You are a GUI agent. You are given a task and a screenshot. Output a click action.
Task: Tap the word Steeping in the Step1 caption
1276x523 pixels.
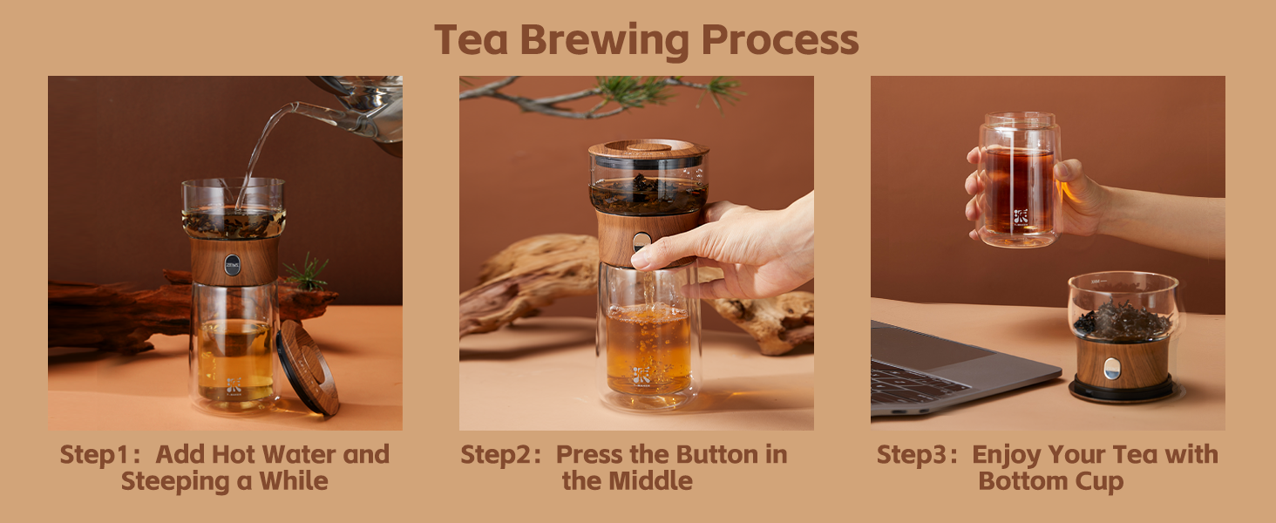point(173,481)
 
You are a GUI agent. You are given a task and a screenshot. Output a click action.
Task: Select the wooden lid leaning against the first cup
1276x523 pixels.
point(308,366)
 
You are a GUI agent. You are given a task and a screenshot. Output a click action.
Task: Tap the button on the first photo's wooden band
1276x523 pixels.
point(232,265)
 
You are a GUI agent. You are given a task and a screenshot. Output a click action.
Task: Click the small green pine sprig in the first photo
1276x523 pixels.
point(307,273)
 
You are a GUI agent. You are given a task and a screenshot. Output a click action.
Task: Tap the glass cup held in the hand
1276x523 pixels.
point(1018,179)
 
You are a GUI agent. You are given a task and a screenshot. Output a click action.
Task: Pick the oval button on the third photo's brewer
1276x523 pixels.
point(1111,369)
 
